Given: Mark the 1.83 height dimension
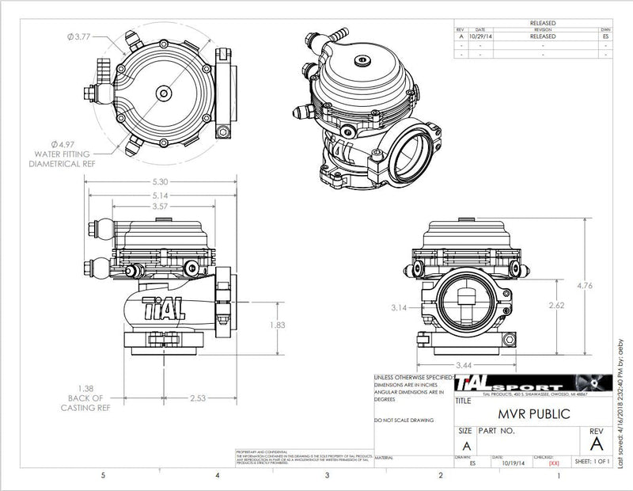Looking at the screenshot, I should tap(294, 325).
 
